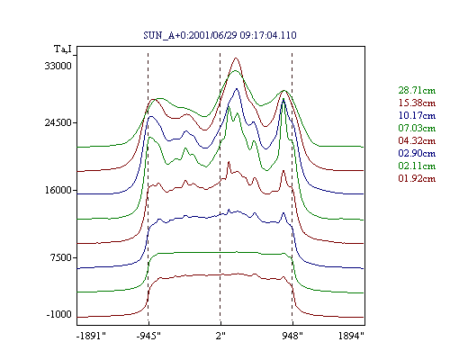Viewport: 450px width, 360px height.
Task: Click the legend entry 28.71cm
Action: (417, 90)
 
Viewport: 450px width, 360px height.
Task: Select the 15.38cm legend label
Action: (417, 103)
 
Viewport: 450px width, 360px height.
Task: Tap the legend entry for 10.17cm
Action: (417, 115)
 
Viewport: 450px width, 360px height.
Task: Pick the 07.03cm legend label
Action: (417, 128)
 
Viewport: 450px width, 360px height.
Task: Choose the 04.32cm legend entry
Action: (417, 140)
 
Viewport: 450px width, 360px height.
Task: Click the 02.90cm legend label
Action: (417, 153)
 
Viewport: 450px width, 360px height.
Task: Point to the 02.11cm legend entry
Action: (417, 166)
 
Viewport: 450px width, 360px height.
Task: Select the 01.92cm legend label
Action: (417, 178)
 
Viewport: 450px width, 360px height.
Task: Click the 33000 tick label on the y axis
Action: (58, 66)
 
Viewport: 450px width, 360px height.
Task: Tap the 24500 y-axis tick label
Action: (58, 122)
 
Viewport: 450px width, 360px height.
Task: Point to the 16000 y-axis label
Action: (58, 190)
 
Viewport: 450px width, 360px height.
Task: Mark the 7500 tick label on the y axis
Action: (61, 257)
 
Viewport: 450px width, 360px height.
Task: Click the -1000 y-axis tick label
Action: (58, 314)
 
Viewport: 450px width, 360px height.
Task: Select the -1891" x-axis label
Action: (91, 336)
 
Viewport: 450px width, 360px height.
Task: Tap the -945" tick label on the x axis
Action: (148, 336)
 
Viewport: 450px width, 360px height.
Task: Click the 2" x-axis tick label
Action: (220, 336)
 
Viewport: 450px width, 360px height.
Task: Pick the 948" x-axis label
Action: (292, 336)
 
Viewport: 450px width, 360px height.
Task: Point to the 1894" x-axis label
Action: (351, 336)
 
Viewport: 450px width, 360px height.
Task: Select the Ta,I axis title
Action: (63, 49)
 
